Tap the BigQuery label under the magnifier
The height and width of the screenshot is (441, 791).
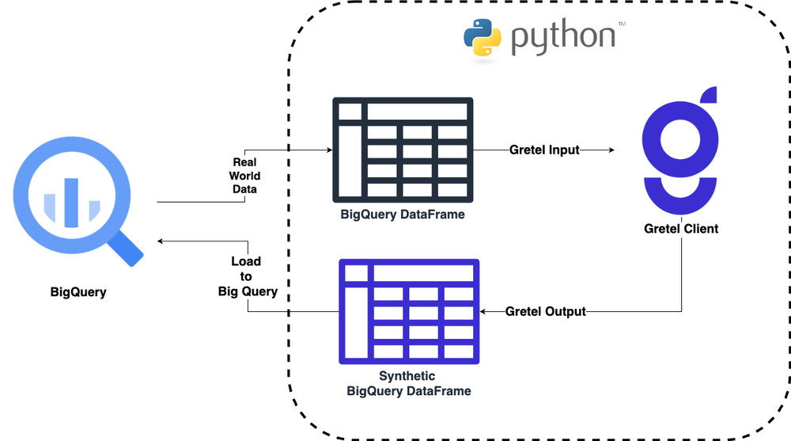(x=78, y=293)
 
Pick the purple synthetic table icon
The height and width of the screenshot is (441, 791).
(x=409, y=311)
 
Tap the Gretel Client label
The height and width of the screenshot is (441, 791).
(x=681, y=229)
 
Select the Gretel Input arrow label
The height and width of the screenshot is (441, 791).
(x=544, y=150)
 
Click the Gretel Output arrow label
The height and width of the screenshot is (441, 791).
(x=546, y=312)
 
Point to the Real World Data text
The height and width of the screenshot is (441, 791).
(x=244, y=176)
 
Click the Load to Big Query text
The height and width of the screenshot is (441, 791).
(x=247, y=276)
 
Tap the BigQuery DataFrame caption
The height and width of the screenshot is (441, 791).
(x=403, y=214)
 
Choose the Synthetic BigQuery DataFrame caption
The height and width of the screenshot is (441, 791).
(x=408, y=383)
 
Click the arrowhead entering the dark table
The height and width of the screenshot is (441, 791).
(x=326, y=150)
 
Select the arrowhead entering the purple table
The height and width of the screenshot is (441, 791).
(x=486, y=312)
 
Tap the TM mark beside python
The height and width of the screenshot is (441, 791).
(x=621, y=25)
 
